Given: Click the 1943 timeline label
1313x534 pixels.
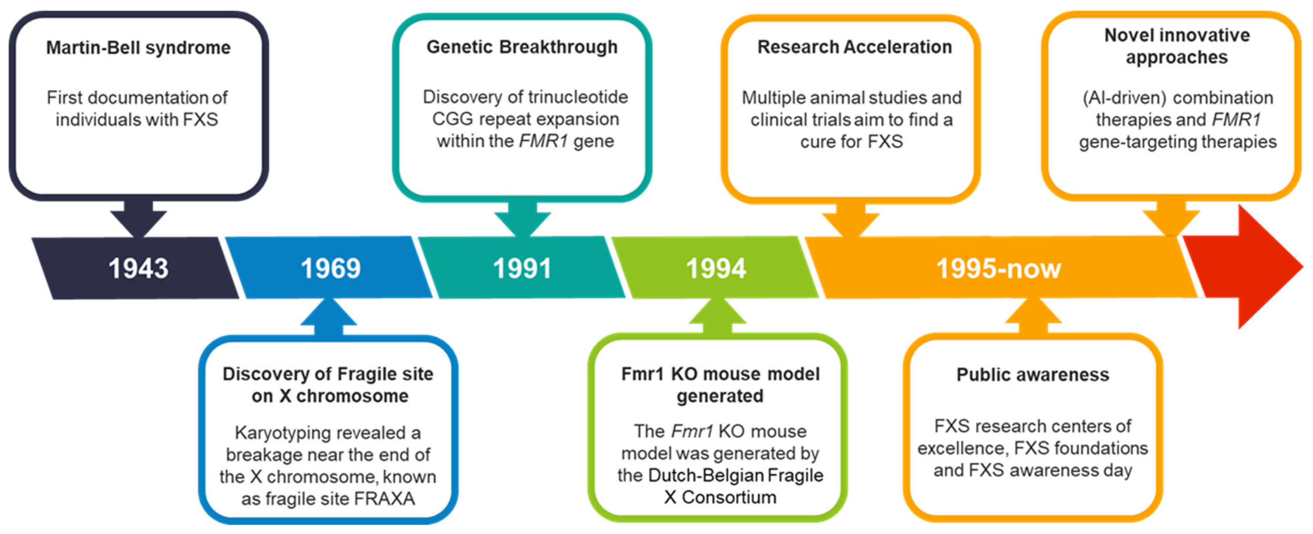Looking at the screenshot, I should (138, 268).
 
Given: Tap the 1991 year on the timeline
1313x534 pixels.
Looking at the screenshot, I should (522, 268).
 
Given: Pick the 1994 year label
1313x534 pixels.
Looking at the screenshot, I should (716, 268).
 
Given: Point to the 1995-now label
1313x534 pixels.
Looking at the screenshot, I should (998, 268).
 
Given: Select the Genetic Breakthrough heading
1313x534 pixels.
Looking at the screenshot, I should (522, 47).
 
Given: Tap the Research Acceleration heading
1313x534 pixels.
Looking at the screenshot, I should (854, 47).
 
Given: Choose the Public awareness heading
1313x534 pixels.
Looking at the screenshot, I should (1033, 374).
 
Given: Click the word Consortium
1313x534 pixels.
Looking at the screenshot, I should (729, 497).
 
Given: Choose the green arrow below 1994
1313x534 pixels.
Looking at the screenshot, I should (717, 316).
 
